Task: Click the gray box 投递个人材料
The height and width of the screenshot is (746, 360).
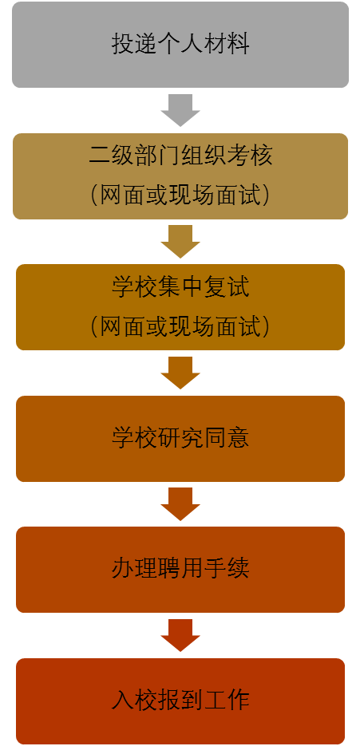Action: click(x=180, y=45)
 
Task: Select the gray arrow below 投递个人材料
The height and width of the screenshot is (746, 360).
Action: click(x=180, y=110)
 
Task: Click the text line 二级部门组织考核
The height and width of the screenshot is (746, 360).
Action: click(x=180, y=155)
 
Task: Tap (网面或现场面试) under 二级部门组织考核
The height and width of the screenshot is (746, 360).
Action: click(x=180, y=194)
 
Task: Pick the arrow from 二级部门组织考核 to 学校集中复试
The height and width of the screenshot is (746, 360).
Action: click(x=180, y=242)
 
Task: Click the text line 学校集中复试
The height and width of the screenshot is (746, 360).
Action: click(x=180, y=288)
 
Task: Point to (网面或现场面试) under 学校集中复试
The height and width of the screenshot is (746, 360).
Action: click(x=180, y=326)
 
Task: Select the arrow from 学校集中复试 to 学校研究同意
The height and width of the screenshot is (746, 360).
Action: click(x=180, y=373)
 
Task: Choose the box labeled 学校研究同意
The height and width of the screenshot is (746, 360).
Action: click(x=180, y=439)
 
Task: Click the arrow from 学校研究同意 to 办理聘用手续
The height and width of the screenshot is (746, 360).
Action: click(x=180, y=504)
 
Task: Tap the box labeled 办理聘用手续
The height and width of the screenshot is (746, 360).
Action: click(x=180, y=570)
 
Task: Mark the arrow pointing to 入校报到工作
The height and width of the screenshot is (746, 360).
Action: click(x=180, y=636)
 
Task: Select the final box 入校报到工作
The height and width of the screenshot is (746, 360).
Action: click(x=180, y=701)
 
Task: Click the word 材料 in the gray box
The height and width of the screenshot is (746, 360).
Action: click(x=227, y=45)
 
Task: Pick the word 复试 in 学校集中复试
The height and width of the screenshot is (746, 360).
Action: click(x=227, y=288)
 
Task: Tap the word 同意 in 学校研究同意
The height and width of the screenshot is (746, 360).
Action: click(x=227, y=439)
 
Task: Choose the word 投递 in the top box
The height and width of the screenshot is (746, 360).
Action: click(x=134, y=45)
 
